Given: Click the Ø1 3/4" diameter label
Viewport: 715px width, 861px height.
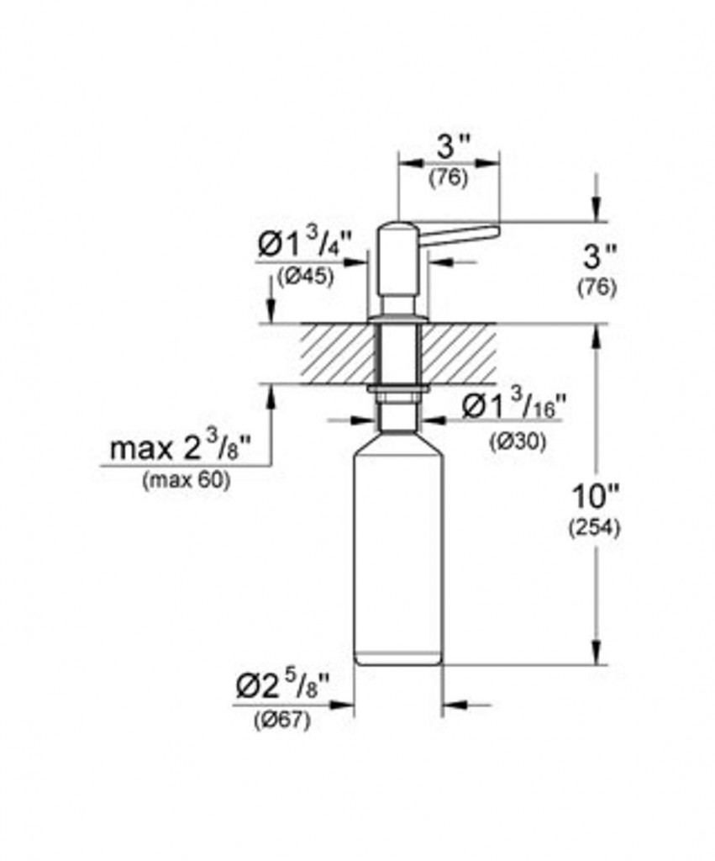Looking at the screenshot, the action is coord(304,244).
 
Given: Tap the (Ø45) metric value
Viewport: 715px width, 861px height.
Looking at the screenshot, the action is coord(306,277).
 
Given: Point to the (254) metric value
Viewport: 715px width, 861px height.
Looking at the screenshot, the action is coord(596,528).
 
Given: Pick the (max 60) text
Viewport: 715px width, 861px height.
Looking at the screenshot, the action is coord(187,481).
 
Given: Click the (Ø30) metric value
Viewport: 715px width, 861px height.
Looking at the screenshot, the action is coord(518,441).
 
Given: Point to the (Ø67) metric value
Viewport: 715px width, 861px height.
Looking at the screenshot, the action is coord(282,720).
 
